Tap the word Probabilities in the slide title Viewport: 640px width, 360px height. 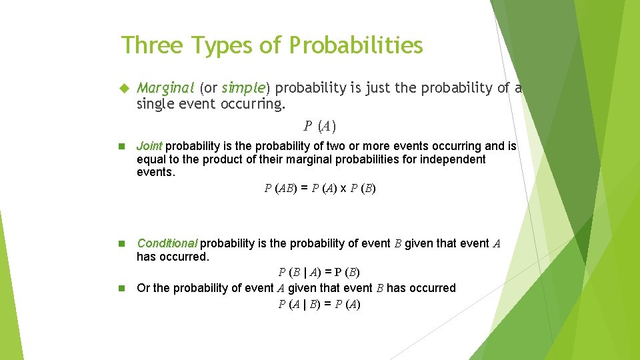(x=356, y=45)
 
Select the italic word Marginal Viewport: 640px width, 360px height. (x=165, y=88)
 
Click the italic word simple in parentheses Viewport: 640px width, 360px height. (x=244, y=88)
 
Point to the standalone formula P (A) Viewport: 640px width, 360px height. (x=320, y=126)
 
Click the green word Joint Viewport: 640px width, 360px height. (x=149, y=146)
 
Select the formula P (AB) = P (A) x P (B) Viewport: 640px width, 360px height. (x=320, y=189)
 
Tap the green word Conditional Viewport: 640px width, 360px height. (x=167, y=243)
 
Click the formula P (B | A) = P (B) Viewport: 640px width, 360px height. (x=319, y=272)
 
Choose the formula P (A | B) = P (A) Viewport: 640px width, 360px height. (x=319, y=305)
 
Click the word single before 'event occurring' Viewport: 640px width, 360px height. (x=153, y=104)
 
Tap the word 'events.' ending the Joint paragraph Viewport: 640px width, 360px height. (x=155, y=173)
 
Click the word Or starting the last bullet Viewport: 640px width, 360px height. (x=143, y=288)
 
